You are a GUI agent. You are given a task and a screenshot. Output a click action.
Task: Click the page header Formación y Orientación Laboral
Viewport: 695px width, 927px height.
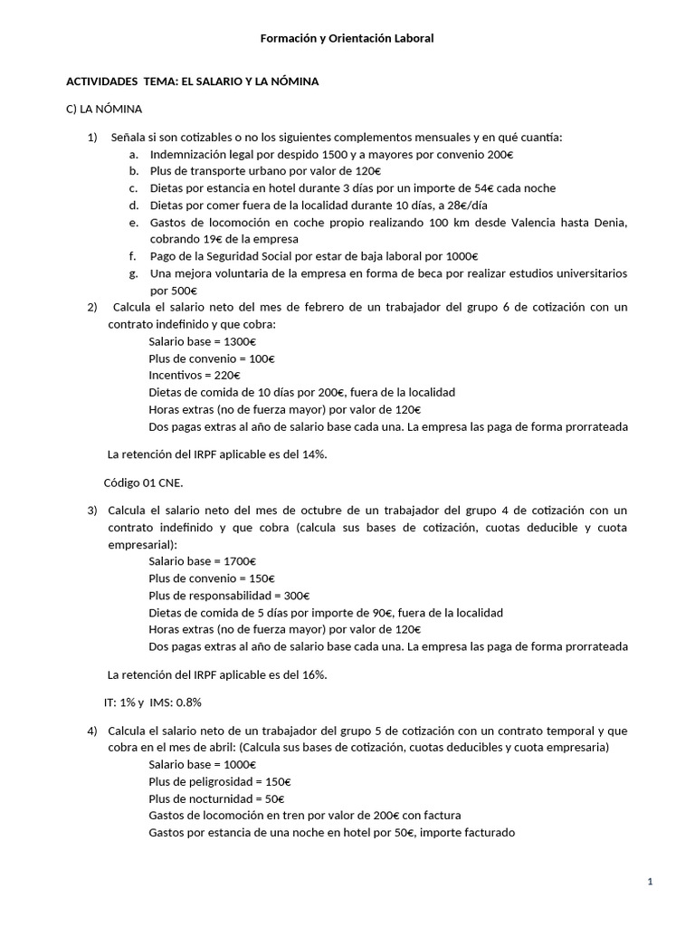pos(347,38)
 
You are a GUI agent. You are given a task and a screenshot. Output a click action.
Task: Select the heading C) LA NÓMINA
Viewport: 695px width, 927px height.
pos(104,110)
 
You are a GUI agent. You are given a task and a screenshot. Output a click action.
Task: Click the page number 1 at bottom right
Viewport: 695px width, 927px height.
pos(651,883)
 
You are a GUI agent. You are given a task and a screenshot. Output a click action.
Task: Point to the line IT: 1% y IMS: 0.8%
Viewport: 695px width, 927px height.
pos(154,702)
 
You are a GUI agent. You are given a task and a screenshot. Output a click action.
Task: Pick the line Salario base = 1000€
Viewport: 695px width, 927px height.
pos(203,765)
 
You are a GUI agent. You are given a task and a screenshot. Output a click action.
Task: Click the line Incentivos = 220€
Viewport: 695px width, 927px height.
pos(195,375)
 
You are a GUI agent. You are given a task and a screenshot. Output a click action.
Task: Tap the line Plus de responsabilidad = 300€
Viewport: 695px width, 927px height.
pos(229,596)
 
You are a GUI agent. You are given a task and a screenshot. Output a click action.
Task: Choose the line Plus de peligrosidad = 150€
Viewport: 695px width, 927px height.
pos(220,781)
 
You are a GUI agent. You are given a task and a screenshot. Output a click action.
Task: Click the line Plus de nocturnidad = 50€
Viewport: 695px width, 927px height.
pos(216,798)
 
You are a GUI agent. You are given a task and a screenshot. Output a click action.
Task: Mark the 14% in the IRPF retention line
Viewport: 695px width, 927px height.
pos(312,454)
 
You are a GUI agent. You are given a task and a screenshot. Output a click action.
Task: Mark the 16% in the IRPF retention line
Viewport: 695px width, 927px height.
pos(312,674)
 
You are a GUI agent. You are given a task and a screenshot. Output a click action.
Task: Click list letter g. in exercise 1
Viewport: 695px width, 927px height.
pos(133,273)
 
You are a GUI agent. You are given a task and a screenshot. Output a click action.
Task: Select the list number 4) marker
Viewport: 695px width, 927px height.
pos(92,731)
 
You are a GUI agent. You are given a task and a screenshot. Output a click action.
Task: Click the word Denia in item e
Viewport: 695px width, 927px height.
pos(612,223)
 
